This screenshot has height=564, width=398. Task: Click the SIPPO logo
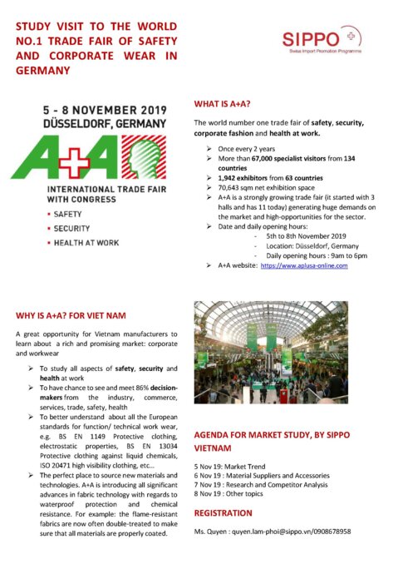click(315, 39)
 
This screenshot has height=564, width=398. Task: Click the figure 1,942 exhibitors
click(232, 178)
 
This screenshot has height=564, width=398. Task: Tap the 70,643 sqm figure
click(233, 189)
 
